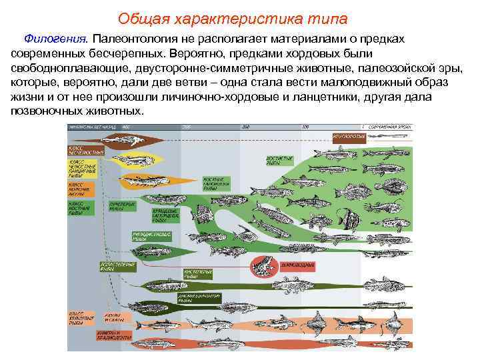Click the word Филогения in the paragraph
[x=47, y=40]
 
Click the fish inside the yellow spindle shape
[x=135, y=161]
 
